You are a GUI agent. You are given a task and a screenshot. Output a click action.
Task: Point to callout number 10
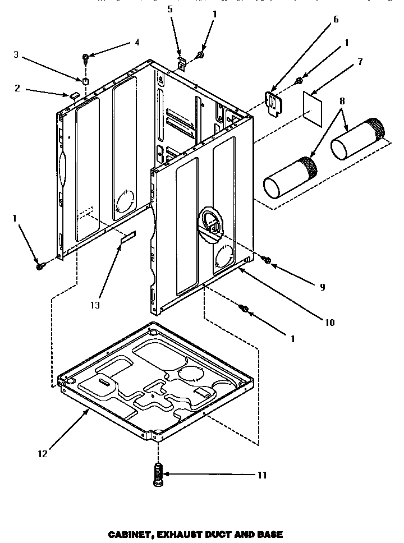pos(329,322)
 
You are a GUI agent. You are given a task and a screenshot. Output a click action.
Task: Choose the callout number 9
pos(322,286)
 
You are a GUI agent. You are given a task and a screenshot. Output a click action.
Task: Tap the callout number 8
pos(342,101)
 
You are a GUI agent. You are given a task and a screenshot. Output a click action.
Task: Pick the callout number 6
pos(336,19)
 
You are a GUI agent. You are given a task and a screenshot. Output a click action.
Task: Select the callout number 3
pos(16,54)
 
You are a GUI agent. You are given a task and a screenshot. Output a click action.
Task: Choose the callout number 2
pos(17,88)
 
